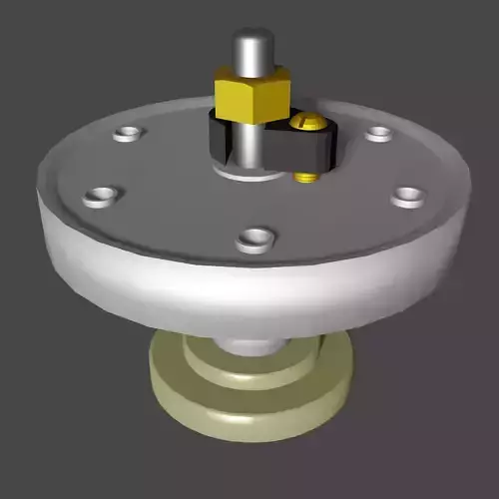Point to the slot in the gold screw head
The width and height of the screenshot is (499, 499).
click(x=307, y=122)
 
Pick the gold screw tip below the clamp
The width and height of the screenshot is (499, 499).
click(x=306, y=177)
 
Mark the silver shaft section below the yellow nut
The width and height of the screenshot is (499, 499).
click(x=250, y=140)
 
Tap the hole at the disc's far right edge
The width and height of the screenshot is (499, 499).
click(x=407, y=196)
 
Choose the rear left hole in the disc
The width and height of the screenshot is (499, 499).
click(x=128, y=132)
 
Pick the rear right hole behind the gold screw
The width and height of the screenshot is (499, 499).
click(x=378, y=134)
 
